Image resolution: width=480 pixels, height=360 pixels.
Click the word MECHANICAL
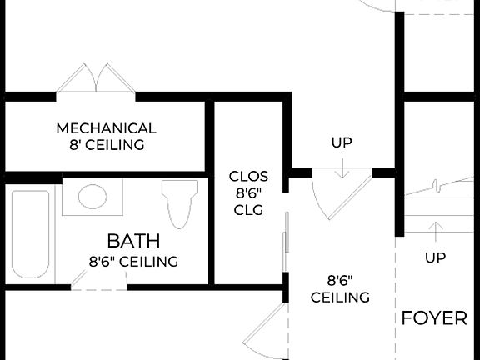point(106,128)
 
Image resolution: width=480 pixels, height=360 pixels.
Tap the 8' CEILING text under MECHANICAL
point(106,145)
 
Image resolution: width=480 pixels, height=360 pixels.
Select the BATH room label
point(133,242)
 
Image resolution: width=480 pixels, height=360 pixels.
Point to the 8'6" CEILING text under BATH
point(133,262)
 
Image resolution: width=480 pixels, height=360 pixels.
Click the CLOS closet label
point(248,176)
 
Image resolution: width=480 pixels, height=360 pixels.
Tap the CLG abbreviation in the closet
point(248,210)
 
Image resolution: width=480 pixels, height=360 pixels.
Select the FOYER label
point(434,318)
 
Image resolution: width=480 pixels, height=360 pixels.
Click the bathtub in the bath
point(31,234)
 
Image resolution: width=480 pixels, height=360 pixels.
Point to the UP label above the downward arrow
point(342,142)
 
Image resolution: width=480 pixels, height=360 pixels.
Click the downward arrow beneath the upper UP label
point(342,167)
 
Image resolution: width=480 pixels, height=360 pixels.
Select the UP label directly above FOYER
point(435,257)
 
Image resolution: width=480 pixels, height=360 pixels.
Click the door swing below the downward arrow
point(337,197)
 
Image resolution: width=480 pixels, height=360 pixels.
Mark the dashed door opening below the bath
point(98,286)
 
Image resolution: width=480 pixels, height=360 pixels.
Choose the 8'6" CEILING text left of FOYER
point(340,289)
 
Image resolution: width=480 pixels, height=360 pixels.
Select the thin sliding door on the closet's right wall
point(286,242)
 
